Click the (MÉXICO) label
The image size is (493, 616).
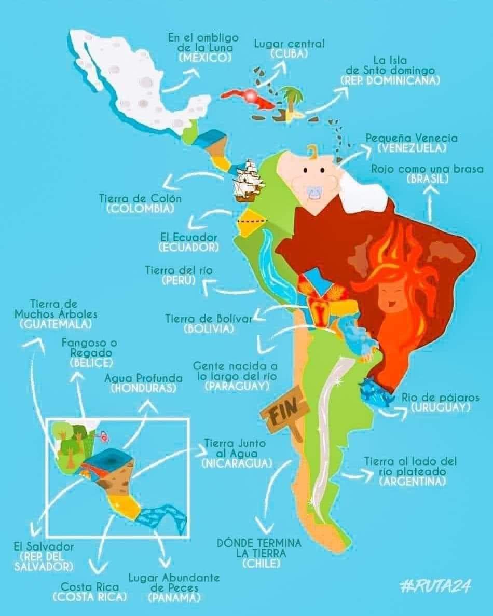tap(204, 58)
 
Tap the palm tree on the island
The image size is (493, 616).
tap(292, 99)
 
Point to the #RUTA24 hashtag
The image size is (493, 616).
tap(436, 587)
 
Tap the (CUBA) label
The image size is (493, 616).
tap(289, 53)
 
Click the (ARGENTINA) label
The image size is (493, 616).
tap(413, 482)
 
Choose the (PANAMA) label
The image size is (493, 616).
tap(174, 597)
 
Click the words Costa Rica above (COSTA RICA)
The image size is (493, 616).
tap(89, 587)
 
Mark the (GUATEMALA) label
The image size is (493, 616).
tap(56, 324)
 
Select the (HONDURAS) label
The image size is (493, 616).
tap(143, 388)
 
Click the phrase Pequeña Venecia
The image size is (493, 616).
tap(412, 138)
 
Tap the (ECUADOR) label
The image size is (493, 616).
tap(189, 247)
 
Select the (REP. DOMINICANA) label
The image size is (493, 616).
tap(390, 80)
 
